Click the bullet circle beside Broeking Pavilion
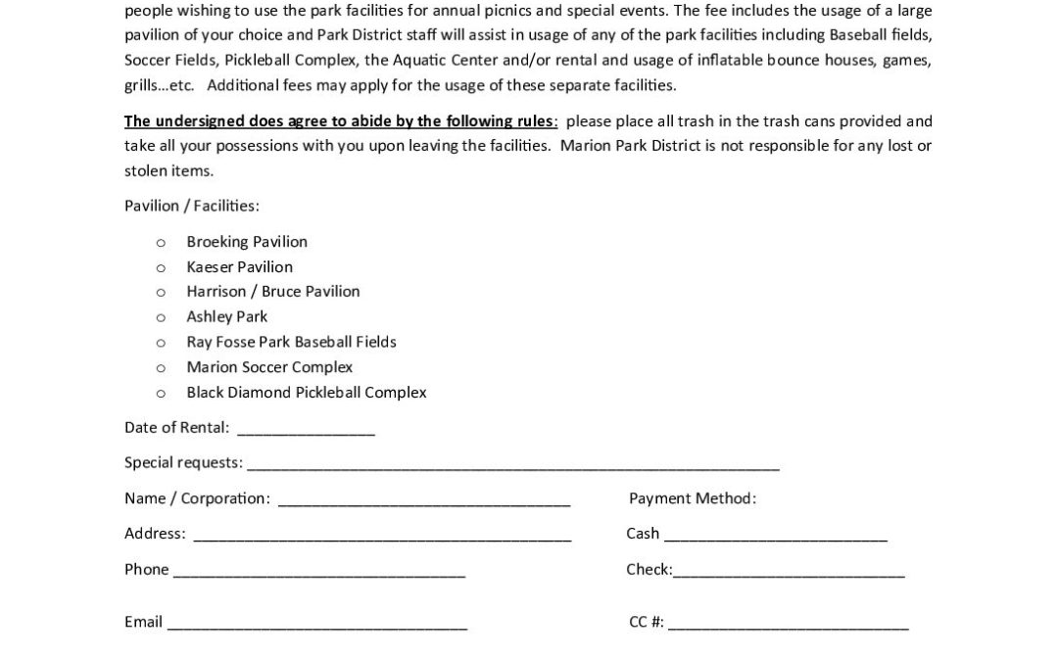(x=161, y=242)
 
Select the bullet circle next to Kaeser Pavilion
(x=161, y=267)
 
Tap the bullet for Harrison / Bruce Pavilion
(x=161, y=292)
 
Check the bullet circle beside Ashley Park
(x=161, y=317)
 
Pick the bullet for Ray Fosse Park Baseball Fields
(x=161, y=343)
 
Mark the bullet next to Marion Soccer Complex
(x=161, y=368)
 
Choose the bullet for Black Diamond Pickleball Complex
(x=161, y=394)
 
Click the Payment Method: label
(x=693, y=498)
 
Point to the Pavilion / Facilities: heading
(x=192, y=206)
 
